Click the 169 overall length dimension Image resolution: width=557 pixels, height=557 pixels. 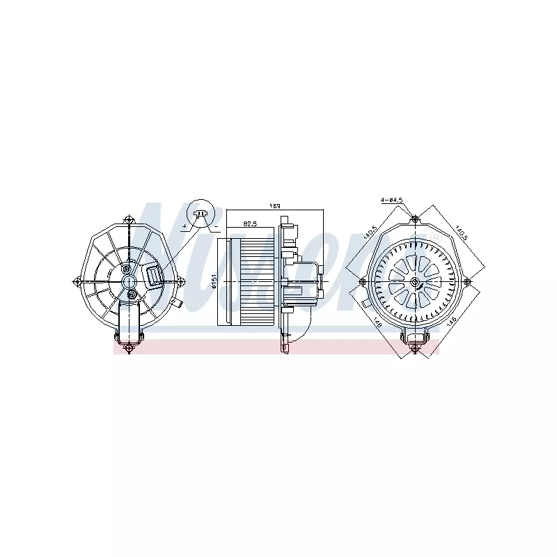click(275, 206)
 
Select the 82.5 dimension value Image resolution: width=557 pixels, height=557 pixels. click(250, 224)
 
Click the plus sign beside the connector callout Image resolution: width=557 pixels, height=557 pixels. click(185, 227)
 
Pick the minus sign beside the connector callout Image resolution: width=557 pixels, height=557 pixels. click(217, 227)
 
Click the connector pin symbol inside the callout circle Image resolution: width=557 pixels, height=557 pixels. click(201, 214)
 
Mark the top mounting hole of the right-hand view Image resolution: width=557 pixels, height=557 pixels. click(415, 219)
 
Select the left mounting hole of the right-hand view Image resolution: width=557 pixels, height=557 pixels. click(362, 281)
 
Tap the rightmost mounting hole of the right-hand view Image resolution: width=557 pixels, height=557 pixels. click(468, 281)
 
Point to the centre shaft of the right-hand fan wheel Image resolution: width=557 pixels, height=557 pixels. click(415, 281)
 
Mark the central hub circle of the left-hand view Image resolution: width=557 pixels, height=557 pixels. click(130, 281)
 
